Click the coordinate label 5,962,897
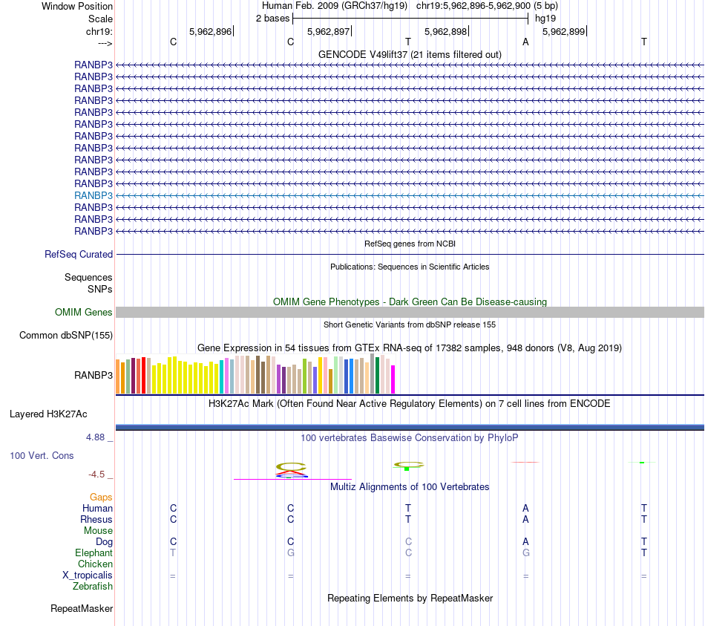click(x=328, y=31)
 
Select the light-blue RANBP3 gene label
click(x=94, y=195)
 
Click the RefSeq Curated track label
click(x=79, y=254)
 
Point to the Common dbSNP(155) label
click(x=66, y=336)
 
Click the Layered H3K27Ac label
click(x=48, y=414)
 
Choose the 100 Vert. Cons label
click(x=42, y=455)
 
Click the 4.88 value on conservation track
click(x=96, y=437)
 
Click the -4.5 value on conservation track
click(x=96, y=475)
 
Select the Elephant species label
click(x=94, y=553)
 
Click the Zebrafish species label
click(x=93, y=587)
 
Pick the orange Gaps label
click(x=101, y=497)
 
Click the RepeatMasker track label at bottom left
click(x=82, y=609)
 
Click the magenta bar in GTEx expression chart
click(x=393, y=379)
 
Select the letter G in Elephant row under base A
click(x=525, y=553)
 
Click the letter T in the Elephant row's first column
click(x=173, y=553)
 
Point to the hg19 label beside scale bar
click(x=545, y=18)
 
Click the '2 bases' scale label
click(x=272, y=18)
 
